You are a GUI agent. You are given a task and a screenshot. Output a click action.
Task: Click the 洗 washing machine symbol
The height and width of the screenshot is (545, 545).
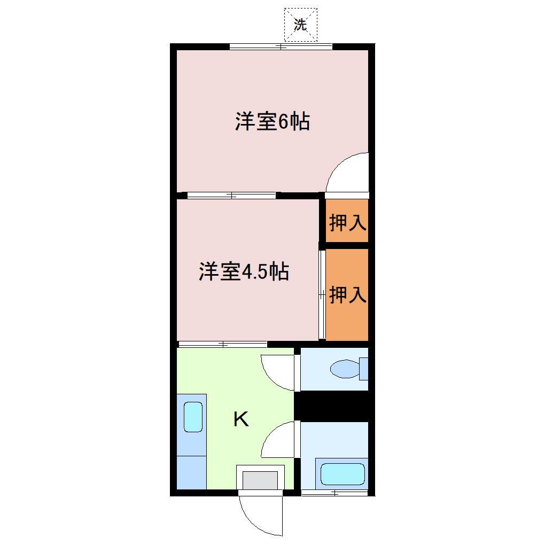click(300, 25)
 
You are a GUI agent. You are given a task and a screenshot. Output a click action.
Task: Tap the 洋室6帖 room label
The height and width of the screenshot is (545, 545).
click(272, 122)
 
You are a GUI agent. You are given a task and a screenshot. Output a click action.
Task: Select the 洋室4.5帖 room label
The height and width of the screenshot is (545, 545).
click(244, 271)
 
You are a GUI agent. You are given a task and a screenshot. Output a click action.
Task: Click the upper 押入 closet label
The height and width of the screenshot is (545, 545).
click(348, 222)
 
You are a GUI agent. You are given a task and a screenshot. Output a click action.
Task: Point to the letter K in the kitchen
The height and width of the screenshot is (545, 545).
click(241, 419)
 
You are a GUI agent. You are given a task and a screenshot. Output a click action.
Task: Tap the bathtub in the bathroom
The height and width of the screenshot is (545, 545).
click(342, 474)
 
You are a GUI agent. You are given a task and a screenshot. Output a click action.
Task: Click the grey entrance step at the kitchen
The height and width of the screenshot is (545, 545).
click(260, 479)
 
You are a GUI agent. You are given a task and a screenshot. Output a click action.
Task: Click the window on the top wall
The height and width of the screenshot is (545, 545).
click(281, 46)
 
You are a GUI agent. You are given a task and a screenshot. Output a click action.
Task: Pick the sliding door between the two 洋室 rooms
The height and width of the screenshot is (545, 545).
click(231, 195)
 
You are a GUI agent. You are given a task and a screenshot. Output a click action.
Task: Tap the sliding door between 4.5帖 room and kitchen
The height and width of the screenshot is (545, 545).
click(222, 344)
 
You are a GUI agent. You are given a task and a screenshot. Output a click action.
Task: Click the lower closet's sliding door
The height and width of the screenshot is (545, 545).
click(322, 294)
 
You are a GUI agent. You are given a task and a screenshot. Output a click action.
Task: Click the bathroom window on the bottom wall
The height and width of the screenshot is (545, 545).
click(334, 492)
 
